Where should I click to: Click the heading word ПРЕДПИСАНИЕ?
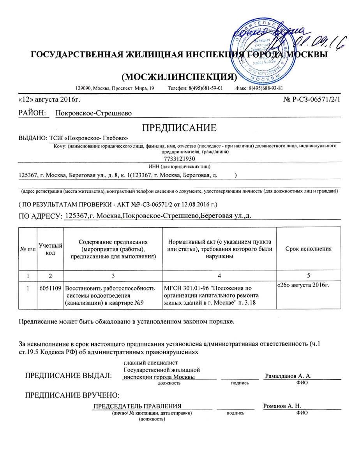(x=179, y=128)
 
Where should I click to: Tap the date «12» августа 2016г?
(x=49, y=100)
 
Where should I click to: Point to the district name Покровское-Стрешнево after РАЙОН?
(x=94, y=113)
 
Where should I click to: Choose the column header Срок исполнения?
(x=309, y=249)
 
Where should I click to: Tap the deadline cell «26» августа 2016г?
(x=303, y=286)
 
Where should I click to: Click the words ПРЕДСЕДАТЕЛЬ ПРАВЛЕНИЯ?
(x=138, y=406)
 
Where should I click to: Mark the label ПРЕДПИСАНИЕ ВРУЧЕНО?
(x=72, y=395)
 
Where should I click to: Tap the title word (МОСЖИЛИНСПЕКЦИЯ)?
(x=180, y=77)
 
